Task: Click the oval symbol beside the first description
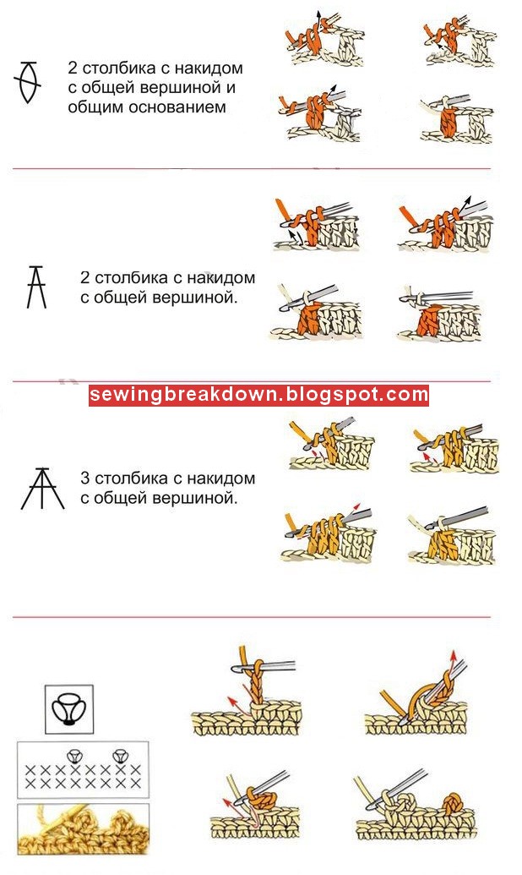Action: (x=27, y=83)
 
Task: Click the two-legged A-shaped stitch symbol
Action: (x=37, y=287)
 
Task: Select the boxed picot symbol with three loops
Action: (x=69, y=709)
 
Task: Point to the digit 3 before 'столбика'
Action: (x=84, y=479)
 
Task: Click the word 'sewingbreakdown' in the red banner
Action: (x=183, y=395)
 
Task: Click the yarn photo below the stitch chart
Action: (x=83, y=829)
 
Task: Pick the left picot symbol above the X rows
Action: (x=73, y=757)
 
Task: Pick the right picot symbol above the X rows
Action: (x=118, y=757)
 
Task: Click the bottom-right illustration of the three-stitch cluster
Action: (x=453, y=536)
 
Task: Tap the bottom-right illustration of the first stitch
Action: (x=456, y=119)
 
